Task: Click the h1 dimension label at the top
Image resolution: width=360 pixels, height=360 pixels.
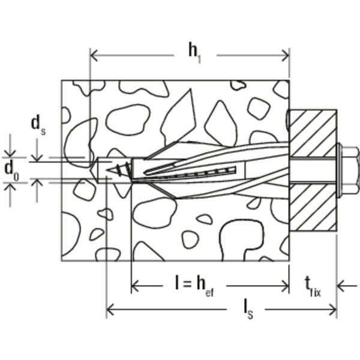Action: pos(193,52)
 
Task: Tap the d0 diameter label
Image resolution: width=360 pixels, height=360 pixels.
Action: pos(10,169)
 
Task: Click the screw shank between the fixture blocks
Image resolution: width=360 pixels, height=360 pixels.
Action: pos(313,170)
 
